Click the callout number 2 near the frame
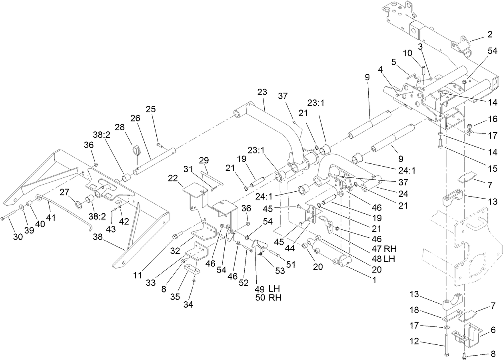[x=489, y=35]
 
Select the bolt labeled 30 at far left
[x=10, y=219]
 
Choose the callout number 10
[x=407, y=53]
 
